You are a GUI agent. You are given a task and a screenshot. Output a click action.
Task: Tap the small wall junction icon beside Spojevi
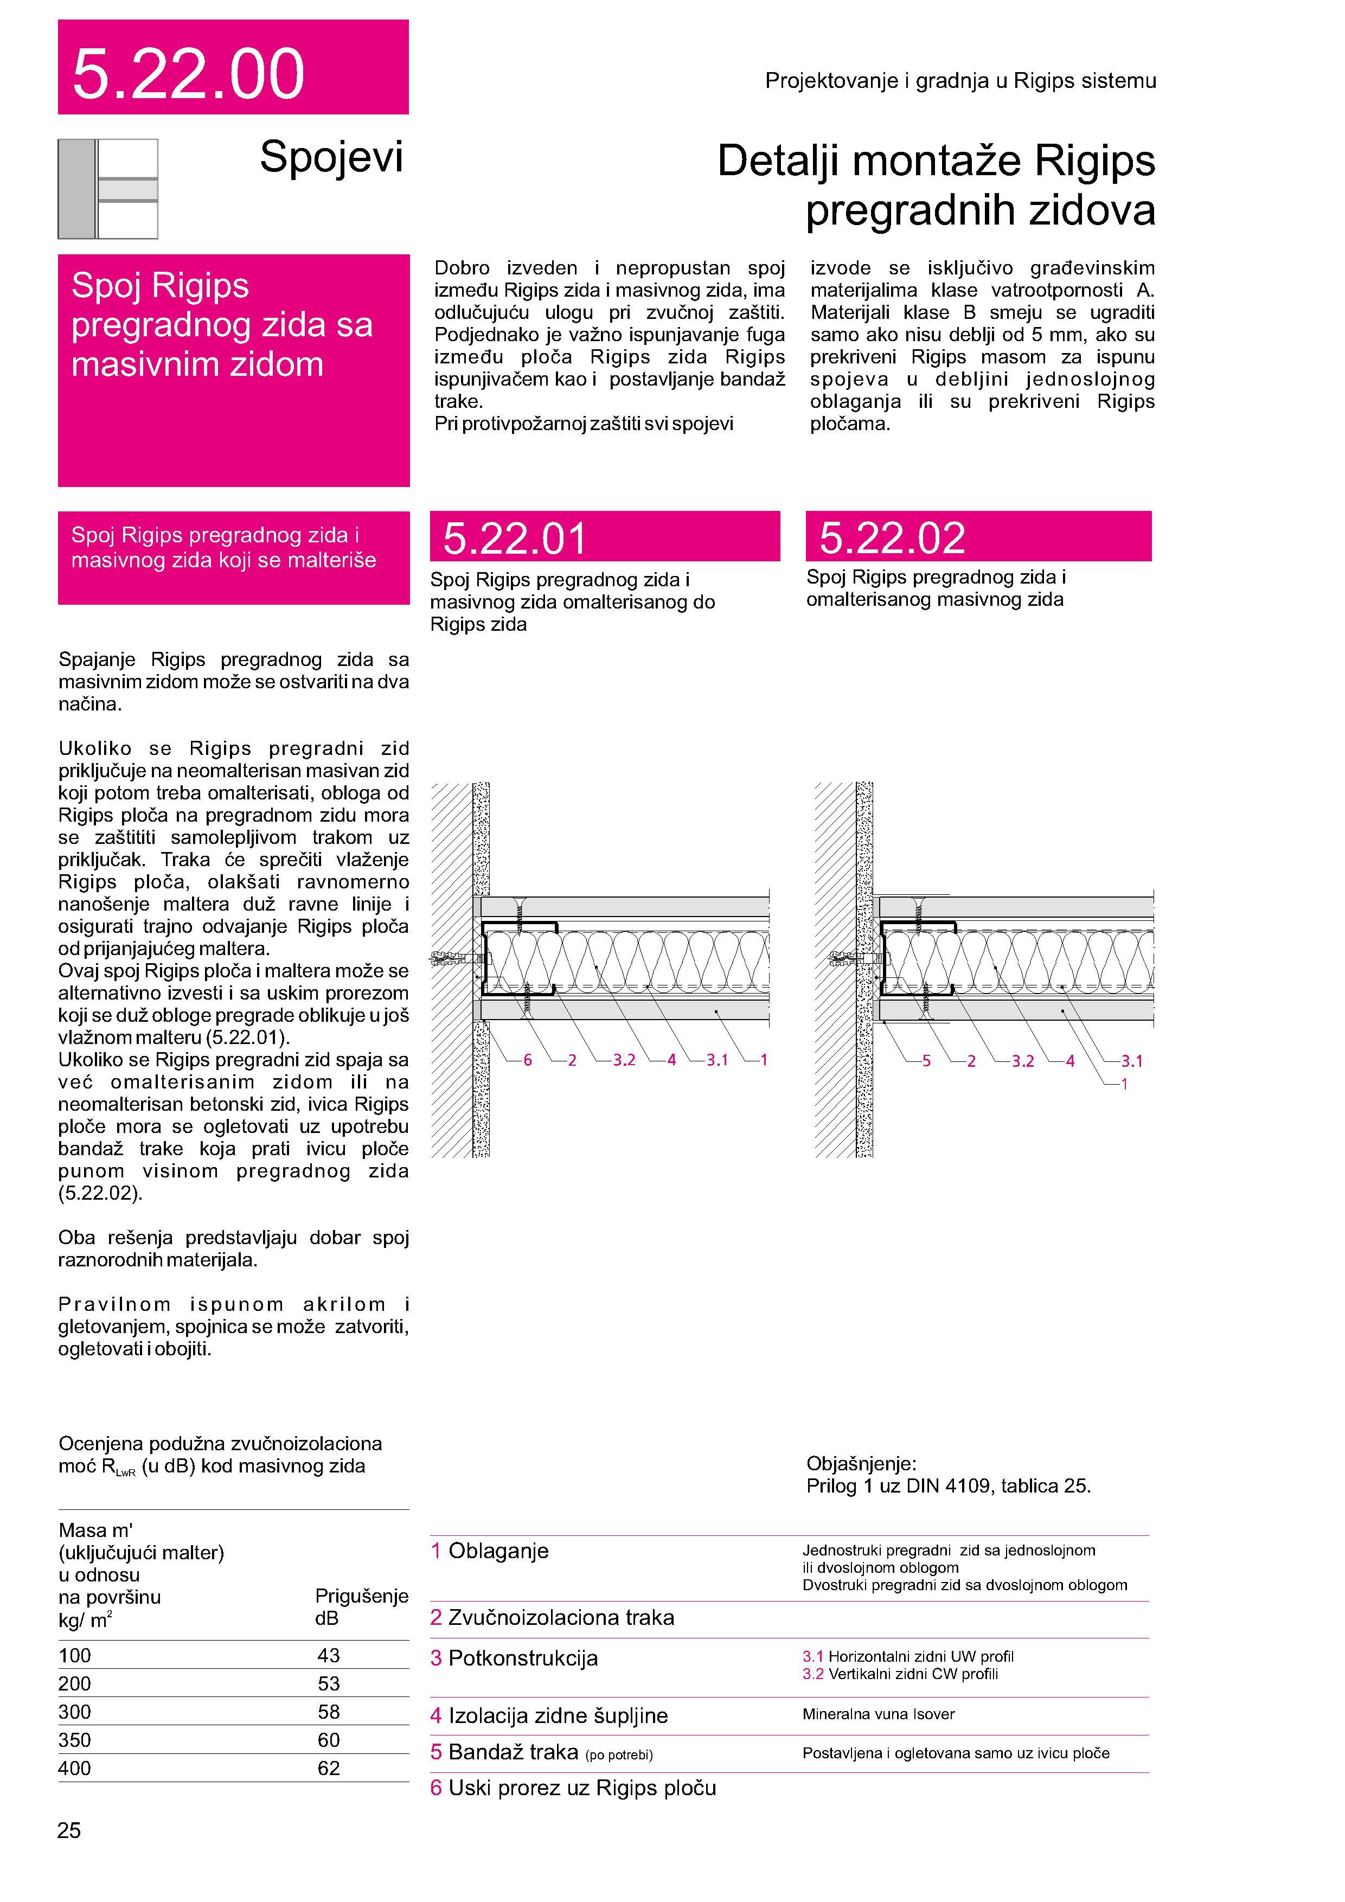tap(108, 189)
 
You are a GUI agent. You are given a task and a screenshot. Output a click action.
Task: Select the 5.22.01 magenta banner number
tap(514, 539)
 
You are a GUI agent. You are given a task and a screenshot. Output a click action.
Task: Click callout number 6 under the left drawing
tap(528, 1060)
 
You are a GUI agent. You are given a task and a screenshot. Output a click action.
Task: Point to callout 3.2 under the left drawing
tap(624, 1060)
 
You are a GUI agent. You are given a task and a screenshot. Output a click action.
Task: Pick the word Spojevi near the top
tap(331, 157)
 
